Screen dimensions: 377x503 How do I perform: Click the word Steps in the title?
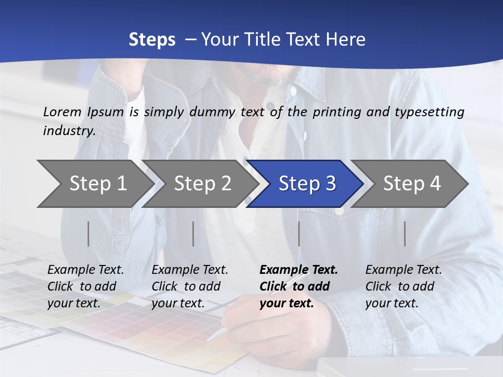(x=152, y=40)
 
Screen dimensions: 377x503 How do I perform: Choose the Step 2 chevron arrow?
(x=200, y=184)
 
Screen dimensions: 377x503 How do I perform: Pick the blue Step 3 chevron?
(x=305, y=184)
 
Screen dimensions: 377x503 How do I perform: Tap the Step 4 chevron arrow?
(x=410, y=184)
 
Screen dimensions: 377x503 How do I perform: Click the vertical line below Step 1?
(x=89, y=234)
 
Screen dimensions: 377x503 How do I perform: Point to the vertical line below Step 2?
(x=193, y=234)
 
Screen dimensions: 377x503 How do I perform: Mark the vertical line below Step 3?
(x=299, y=234)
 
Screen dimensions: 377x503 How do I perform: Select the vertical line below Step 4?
(x=405, y=234)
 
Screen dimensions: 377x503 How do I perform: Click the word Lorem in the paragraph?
(x=62, y=112)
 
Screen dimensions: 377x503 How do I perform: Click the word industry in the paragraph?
(x=69, y=131)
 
